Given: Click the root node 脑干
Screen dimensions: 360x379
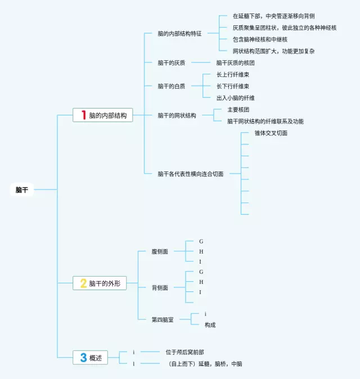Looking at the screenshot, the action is pyautogui.click(x=22, y=189).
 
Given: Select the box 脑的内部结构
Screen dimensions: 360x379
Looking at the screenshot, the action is pyautogui.click(x=103, y=115).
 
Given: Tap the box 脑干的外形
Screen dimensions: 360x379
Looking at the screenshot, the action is pyautogui.click(x=100, y=283).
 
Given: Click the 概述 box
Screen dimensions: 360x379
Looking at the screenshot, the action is pyautogui.click(x=90, y=358).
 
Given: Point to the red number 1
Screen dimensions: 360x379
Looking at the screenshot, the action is pyautogui.click(x=84, y=115).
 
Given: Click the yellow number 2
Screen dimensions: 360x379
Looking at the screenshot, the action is pyautogui.click(x=83, y=283).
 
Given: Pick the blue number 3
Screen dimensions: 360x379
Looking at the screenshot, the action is pyautogui.click(x=83, y=358).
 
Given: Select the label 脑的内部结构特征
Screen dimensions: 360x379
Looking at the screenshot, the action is pyautogui.click(x=179, y=34).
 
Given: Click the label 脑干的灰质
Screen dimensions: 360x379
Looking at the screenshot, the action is pyautogui.click(x=172, y=63).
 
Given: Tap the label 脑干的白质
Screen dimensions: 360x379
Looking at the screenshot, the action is pyautogui.click(x=172, y=86).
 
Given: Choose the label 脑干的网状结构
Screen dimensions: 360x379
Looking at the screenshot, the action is pyautogui.click(x=177, y=115).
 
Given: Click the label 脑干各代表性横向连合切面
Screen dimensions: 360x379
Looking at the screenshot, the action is pyautogui.click(x=191, y=174).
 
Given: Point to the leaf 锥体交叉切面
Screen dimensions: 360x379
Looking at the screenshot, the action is pyautogui.click(x=271, y=133).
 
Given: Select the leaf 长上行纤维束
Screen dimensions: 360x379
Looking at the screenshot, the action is pyautogui.click(x=233, y=75).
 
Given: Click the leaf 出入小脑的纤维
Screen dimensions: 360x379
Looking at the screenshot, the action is pyautogui.click(x=236, y=98).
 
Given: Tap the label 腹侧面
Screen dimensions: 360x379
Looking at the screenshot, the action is pyautogui.click(x=160, y=251).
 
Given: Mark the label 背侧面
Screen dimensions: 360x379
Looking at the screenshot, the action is pyautogui.click(x=160, y=288).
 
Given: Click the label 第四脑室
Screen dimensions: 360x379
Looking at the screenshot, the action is pyautogui.click(x=163, y=320).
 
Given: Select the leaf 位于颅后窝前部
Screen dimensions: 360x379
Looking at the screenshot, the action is pyautogui.click(x=184, y=352).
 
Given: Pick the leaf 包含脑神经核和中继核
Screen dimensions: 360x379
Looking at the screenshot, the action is pyautogui.click(x=260, y=39).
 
